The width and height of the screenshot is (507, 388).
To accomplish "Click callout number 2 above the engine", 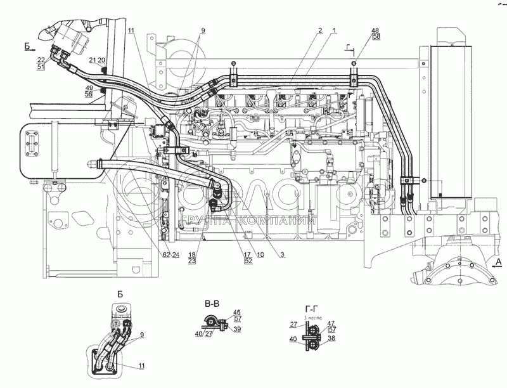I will (x=321, y=30).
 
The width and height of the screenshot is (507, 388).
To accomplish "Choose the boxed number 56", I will (x=89, y=93).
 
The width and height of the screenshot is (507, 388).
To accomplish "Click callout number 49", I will (x=89, y=87).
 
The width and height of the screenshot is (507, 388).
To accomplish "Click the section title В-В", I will (x=212, y=304).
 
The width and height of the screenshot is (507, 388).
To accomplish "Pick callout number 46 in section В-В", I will (x=237, y=312).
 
